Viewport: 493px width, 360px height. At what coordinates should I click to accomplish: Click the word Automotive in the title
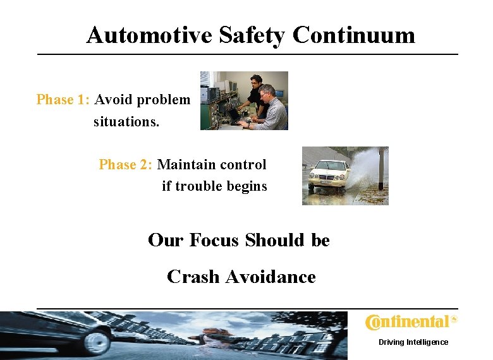(150, 35)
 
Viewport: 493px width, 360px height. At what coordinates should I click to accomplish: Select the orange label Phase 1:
(64, 100)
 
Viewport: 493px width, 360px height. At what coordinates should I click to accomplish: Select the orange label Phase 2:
(126, 165)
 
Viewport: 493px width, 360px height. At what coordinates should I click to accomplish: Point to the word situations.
(126, 121)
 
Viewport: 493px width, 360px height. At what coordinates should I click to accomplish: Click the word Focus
(213, 241)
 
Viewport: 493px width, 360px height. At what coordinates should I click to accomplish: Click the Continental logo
(411, 322)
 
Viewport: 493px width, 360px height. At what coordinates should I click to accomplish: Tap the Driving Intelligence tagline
(413, 342)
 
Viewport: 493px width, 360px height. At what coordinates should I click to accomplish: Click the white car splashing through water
(329, 175)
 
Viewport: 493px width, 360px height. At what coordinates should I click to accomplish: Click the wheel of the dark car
(97, 342)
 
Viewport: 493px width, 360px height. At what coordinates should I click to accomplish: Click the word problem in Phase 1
(164, 100)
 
